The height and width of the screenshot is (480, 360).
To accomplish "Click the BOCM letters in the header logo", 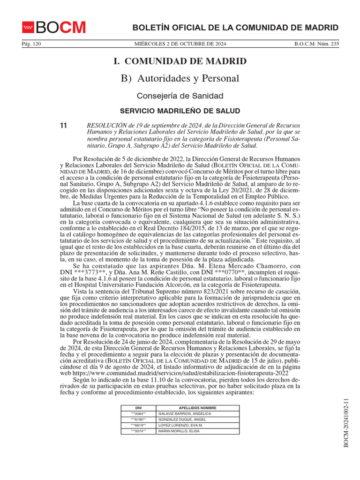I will click(61, 28).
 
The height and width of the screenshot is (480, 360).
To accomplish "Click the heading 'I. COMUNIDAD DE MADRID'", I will click(180, 61).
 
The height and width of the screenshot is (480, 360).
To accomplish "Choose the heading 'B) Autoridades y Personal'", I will click(180, 78).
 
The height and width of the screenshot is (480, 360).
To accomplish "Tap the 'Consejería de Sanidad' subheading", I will click(180, 96).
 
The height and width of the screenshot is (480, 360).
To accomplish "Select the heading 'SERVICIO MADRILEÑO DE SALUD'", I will click(180, 111).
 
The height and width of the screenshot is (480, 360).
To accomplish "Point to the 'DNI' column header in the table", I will click(138, 408).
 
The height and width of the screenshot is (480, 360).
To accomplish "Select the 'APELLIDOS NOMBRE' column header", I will click(197, 408).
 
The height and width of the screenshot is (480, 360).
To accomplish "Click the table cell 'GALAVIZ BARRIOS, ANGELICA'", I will click(185, 414).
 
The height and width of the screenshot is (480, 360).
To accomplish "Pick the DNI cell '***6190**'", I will click(138, 420).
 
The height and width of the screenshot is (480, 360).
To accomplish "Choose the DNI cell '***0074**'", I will click(138, 431).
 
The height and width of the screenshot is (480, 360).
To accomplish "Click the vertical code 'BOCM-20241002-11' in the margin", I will click(347, 422).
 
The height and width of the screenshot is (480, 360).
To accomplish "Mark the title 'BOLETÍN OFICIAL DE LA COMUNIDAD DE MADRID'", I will click(229, 28).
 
